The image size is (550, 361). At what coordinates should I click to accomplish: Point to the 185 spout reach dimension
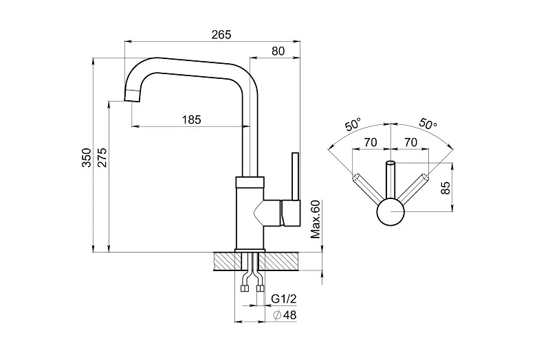192,119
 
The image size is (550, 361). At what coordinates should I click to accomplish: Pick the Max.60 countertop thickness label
316,220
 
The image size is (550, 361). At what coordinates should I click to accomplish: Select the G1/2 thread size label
284,299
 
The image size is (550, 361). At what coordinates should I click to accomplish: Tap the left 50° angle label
353,125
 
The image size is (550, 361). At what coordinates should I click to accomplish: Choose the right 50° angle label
427,125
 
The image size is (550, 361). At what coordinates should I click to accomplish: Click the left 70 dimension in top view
371,143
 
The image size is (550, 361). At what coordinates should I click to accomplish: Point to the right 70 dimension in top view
410,143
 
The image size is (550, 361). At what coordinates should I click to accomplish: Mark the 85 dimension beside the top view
445,188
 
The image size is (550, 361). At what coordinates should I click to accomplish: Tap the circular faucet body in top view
390,212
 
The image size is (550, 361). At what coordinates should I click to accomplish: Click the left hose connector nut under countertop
245,288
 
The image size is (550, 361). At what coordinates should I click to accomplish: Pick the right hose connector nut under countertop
260,288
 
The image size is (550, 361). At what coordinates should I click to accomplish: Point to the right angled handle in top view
414,189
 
